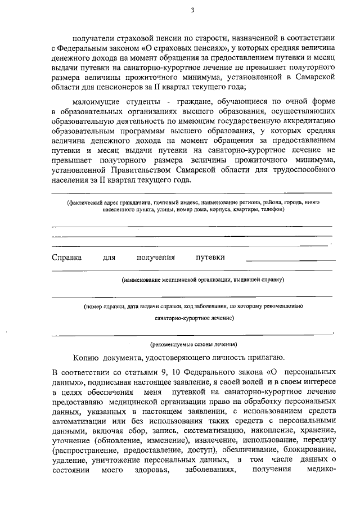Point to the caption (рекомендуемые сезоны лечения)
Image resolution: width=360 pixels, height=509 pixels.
pyautogui.click(x=193, y=344)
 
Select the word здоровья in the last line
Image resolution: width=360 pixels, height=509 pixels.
pyautogui.click(x=152, y=470)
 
